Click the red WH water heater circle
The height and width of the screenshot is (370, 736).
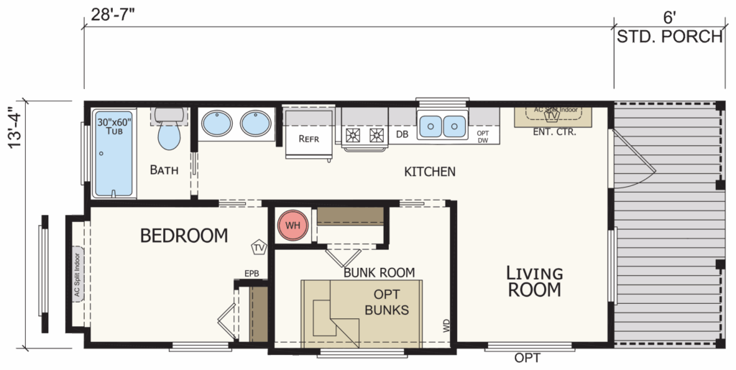pos(293,225)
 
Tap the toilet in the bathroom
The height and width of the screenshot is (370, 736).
pos(169,129)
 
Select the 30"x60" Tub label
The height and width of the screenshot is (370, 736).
pos(114,126)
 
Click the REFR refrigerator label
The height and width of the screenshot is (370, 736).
pos(308,139)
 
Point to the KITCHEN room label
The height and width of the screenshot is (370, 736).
pos(430,172)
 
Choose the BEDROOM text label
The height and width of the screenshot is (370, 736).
pos(184,235)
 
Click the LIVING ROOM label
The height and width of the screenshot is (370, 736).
pos(535,282)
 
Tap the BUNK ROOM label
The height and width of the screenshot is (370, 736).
pos(379,272)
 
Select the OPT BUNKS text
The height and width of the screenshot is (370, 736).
pos(387,302)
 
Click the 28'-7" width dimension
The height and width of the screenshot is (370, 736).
pos(113,14)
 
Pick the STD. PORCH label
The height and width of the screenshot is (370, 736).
pos(669,36)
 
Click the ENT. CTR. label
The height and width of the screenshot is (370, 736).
pos(554,132)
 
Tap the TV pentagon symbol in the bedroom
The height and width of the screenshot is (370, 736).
pos(259,247)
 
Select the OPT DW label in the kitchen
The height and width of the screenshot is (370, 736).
pos(483,137)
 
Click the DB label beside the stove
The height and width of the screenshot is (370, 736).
pos(402,134)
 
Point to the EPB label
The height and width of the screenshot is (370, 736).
pos(252,274)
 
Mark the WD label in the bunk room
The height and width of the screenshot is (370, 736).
pos(446,326)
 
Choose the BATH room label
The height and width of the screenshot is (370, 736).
pos(164,170)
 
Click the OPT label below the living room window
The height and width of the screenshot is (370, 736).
pos(527,359)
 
